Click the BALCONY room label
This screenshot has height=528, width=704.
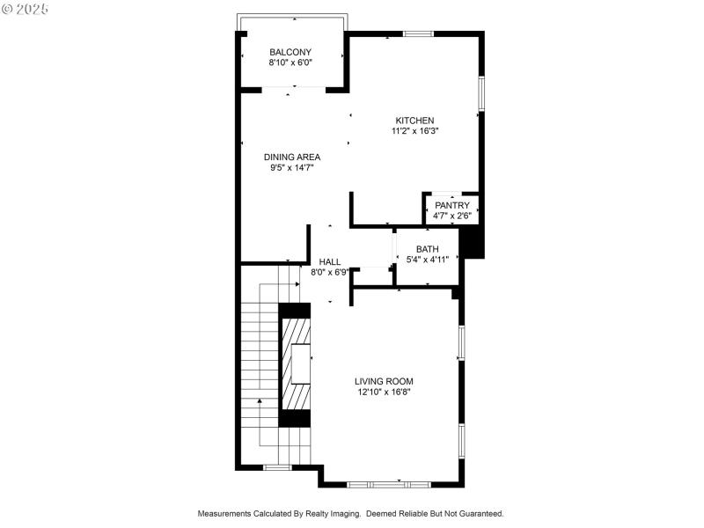(290, 52)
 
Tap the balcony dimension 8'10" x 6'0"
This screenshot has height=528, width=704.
(290, 62)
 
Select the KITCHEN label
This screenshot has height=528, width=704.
(414, 121)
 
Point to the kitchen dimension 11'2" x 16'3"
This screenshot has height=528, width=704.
(414, 131)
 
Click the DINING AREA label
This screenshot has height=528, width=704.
(292, 157)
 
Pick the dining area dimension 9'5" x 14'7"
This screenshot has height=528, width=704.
(292, 167)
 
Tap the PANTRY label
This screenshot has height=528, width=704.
(452, 205)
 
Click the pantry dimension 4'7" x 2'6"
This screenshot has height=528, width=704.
(452, 216)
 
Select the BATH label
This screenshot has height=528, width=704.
(427, 249)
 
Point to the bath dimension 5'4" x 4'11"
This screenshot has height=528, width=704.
(427, 260)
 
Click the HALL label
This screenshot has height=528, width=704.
(330, 262)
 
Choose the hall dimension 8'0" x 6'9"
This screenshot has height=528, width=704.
(330, 273)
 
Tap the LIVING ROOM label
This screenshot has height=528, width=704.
(384, 381)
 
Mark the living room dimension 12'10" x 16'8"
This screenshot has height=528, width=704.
(384, 392)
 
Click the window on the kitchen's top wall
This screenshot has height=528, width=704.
(418, 34)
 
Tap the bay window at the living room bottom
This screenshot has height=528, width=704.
(387, 484)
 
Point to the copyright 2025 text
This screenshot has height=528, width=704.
(26, 9)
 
